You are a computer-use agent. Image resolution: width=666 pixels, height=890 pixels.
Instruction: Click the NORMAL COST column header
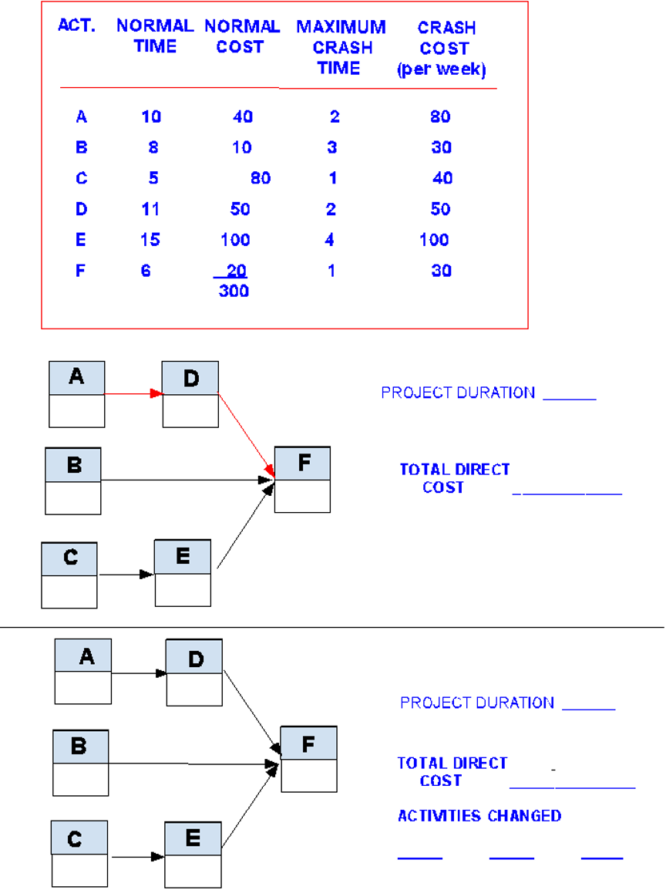[241, 36]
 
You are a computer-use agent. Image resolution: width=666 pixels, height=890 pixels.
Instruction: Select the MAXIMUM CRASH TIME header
[341, 47]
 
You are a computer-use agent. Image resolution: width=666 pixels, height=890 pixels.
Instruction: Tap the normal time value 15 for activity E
[150, 240]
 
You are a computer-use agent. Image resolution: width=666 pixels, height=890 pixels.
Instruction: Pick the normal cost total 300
[234, 292]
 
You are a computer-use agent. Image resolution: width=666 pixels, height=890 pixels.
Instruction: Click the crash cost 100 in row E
[434, 240]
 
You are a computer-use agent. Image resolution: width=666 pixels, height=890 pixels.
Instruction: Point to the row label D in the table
[82, 209]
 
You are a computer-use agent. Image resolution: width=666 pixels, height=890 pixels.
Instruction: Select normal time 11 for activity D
[150, 209]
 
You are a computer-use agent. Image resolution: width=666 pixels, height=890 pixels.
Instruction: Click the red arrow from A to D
[133, 393]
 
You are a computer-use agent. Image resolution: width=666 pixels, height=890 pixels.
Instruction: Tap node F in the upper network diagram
[303, 479]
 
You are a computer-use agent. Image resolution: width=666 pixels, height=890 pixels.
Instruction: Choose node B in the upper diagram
[73, 481]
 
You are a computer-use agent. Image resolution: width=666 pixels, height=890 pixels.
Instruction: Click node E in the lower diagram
[193, 854]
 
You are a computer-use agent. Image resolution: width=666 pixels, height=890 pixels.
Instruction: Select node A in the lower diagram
[83, 672]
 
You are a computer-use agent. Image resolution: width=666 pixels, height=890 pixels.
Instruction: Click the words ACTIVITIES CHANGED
[479, 816]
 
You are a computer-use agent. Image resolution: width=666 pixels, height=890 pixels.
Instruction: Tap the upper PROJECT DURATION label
[458, 393]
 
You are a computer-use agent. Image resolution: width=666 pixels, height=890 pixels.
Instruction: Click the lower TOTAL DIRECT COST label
[452, 771]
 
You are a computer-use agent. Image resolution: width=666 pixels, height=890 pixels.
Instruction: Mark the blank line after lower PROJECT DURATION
[589, 708]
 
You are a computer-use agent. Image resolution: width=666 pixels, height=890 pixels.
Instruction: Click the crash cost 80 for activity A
[440, 117]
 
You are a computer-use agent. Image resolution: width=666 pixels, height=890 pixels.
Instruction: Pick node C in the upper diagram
[69, 575]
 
